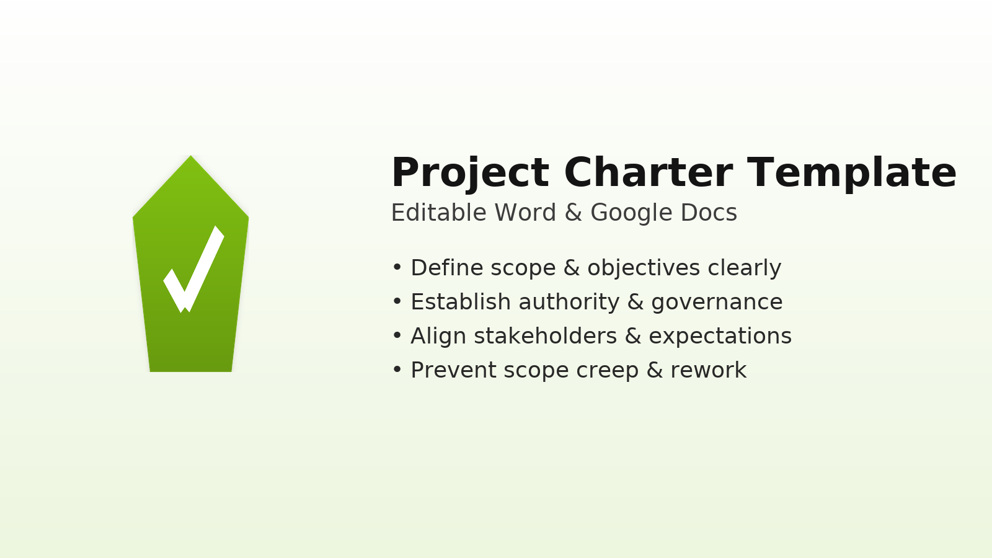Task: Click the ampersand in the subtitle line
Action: pos(573,213)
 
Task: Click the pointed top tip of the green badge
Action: pos(191,158)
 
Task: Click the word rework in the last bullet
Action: pos(708,370)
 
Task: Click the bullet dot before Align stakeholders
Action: pos(397,336)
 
